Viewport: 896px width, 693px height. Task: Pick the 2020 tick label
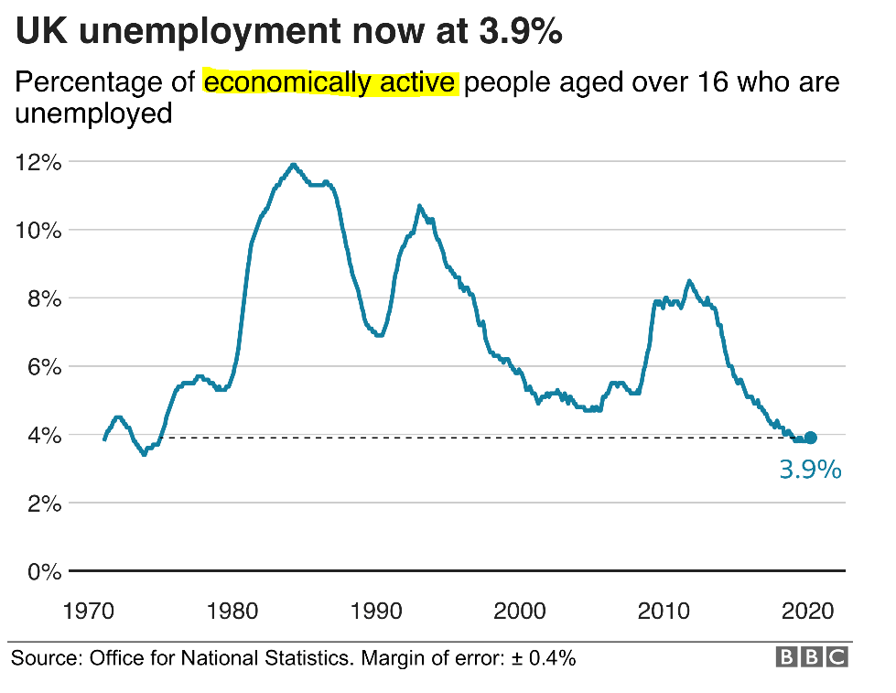809,611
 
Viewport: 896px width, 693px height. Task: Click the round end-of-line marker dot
810,438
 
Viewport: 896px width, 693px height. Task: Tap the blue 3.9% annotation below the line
809,470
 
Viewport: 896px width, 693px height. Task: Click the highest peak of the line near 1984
293,165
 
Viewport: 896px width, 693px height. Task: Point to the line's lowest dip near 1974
144,453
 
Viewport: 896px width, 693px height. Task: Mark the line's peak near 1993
419,206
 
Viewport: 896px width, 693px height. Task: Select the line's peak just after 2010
689,281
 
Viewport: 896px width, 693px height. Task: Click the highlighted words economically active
329,83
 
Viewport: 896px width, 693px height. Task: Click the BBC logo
812,657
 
